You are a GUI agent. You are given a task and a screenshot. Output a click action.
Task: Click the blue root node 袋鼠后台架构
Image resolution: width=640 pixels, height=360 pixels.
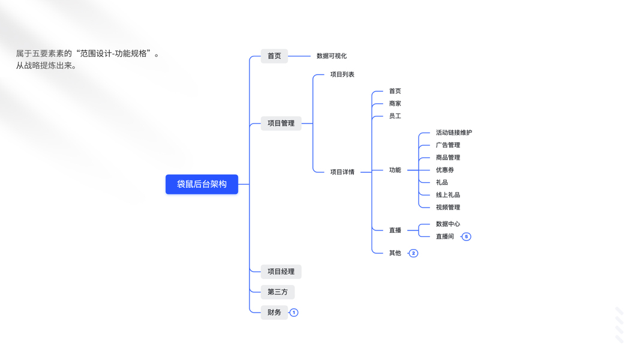click(202, 184)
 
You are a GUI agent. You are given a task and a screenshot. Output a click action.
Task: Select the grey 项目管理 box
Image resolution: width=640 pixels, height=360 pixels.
click(281, 124)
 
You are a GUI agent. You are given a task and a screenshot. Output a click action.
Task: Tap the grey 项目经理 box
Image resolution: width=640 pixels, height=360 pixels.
click(281, 272)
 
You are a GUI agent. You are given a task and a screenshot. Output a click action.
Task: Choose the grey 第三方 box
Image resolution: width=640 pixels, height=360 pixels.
click(278, 292)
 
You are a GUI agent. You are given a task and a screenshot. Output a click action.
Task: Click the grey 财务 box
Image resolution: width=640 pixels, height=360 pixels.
click(274, 313)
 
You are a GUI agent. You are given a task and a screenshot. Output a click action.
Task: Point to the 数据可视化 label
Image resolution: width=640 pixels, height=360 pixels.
click(332, 56)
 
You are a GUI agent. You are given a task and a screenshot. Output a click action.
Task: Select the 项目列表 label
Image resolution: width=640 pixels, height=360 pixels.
click(342, 74)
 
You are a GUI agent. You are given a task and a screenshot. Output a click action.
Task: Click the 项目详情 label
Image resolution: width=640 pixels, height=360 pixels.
click(342, 172)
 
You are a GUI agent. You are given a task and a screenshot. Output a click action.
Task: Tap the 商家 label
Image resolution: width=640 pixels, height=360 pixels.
click(395, 104)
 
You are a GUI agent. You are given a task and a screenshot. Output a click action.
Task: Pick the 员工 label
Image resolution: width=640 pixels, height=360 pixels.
click(395, 116)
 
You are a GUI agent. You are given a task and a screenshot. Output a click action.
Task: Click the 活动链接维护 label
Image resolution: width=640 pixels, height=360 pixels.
click(453, 133)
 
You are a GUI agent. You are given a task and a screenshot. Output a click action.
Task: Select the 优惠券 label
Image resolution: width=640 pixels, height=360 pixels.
click(444, 170)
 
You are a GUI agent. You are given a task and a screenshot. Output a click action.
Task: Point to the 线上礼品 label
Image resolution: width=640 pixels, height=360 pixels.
click(447, 195)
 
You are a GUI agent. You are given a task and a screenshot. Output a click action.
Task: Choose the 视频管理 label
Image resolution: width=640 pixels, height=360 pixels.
click(447, 208)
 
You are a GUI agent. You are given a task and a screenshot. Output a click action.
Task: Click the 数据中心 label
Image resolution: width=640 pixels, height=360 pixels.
click(447, 224)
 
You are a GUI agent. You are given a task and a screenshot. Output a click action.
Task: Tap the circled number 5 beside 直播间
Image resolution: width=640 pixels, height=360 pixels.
click(467, 237)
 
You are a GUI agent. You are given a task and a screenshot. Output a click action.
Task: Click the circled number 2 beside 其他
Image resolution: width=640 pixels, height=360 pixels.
click(413, 253)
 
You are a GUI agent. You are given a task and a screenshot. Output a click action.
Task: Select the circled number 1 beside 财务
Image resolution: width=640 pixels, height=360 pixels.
click(294, 313)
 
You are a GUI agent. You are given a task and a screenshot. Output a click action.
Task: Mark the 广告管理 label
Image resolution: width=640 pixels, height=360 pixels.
click(447, 145)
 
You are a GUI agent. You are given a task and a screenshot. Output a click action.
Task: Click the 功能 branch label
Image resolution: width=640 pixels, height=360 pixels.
click(395, 170)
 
